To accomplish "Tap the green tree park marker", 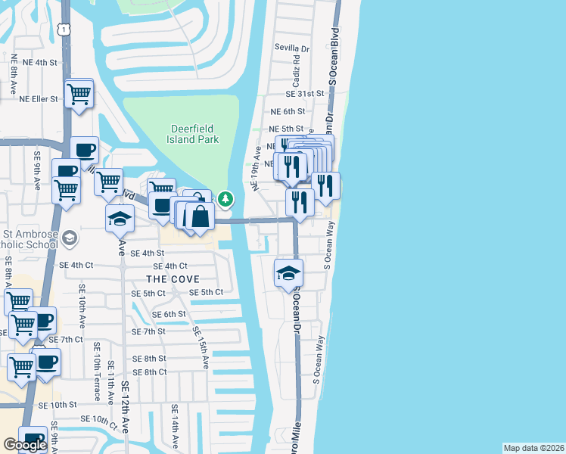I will [x=225, y=200].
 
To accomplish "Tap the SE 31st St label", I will [x=304, y=94].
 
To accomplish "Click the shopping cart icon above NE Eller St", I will [x=79, y=95].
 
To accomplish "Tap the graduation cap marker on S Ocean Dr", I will [x=288, y=273].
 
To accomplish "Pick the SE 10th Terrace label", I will [x=97, y=371].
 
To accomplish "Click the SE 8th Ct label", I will [x=149, y=372].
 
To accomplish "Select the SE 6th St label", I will [x=169, y=314].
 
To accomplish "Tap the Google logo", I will [x=25, y=445].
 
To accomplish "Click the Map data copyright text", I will [x=534, y=448].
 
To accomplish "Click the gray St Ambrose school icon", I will [x=70, y=239].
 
